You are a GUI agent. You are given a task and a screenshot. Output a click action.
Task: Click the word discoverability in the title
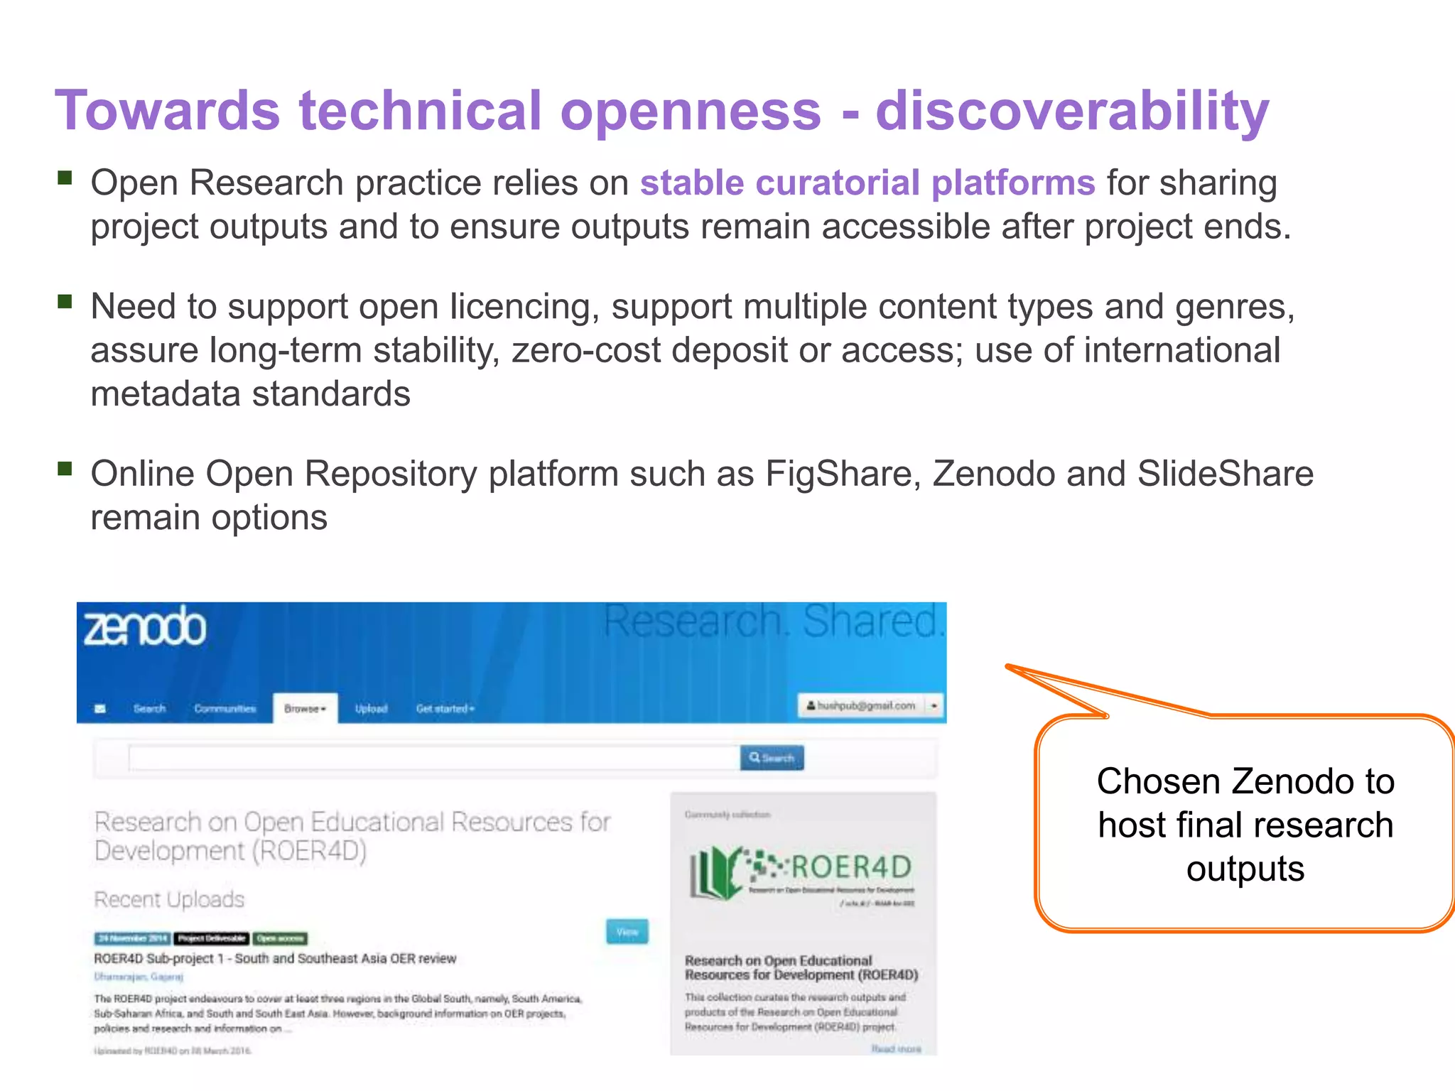pyautogui.click(x=1071, y=112)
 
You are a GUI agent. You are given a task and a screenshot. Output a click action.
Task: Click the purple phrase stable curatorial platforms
pyautogui.click(x=867, y=183)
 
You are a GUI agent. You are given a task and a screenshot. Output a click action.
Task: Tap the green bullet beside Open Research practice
pyautogui.click(x=65, y=178)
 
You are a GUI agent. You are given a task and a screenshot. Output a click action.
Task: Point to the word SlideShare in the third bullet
pyautogui.click(x=1225, y=474)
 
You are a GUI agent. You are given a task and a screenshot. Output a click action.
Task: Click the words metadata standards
pyautogui.click(x=250, y=394)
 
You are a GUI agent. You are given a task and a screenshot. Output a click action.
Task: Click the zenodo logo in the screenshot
pyautogui.click(x=145, y=627)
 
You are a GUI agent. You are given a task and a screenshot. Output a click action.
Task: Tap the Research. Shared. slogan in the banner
pyautogui.click(x=773, y=622)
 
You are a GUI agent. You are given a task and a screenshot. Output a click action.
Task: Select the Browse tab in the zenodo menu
pyautogui.click(x=304, y=709)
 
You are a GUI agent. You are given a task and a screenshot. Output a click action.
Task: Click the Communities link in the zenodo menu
pyautogui.click(x=225, y=709)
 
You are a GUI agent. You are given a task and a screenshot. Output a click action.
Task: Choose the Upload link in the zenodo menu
pyautogui.click(x=371, y=709)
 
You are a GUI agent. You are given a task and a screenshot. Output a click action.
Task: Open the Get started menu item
pyautogui.click(x=445, y=709)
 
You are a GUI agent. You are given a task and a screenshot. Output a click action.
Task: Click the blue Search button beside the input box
pyautogui.click(x=772, y=758)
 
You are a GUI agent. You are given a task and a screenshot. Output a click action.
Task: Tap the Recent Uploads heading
pyautogui.click(x=169, y=899)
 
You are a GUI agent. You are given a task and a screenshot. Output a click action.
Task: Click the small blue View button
pyautogui.click(x=627, y=932)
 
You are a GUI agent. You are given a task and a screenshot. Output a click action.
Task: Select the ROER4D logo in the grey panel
pyautogui.click(x=801, y=872)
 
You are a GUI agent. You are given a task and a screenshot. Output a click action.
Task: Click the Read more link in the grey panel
pyautogui.click(x=896, y=1049)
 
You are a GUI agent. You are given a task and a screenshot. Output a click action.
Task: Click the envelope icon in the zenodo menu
pyautogui.click(x=100, y=709)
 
